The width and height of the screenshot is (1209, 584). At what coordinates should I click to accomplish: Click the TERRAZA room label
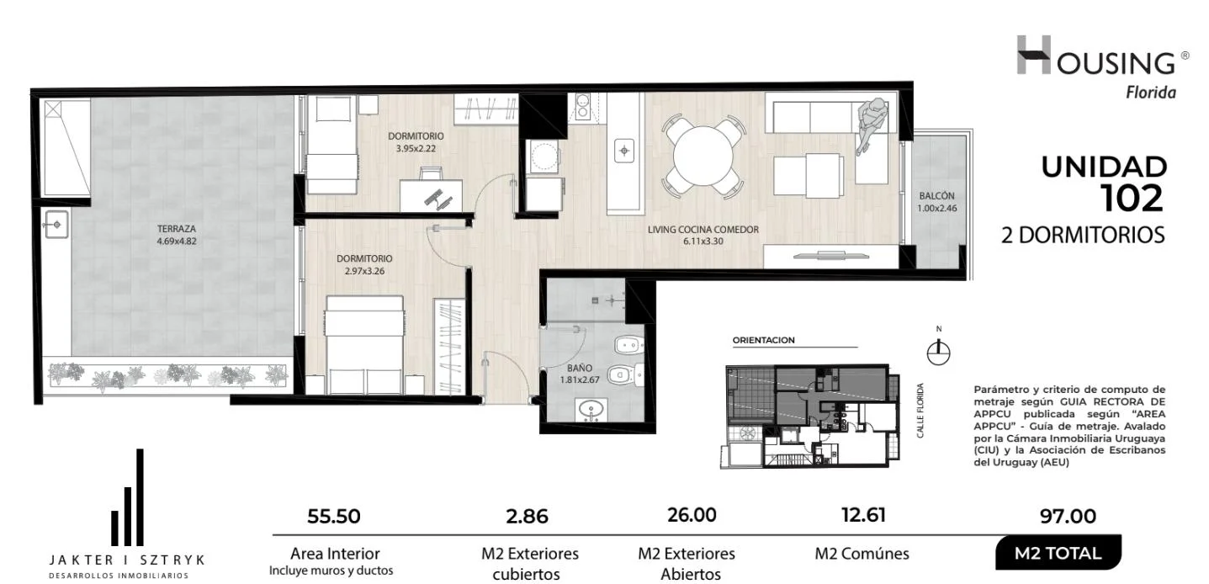click(x=177, y=229)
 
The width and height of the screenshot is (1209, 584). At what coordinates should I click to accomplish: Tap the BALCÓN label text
click(x=937, y=196)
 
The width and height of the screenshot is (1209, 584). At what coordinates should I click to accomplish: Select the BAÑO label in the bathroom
click(x=580, y=368)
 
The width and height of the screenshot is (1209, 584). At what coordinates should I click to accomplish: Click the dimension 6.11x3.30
click(x=703, y=242)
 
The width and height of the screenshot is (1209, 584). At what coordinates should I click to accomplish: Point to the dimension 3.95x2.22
click(x=416, y=148)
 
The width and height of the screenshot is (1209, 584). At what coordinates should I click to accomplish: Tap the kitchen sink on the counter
click(x=624, y=150)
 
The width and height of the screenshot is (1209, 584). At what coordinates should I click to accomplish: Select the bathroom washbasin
click(x=592, y=410)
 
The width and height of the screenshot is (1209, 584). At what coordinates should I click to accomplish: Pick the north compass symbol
click(x=939, y=352)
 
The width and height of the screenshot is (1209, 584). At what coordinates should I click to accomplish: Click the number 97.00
click(x=1068, y=517)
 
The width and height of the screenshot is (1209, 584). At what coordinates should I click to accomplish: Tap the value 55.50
click(x=333, y=517)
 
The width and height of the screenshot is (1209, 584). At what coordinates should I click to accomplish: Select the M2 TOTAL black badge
click(x=1058, y=553)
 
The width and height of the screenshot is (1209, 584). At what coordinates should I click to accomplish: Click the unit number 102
click(x=1132, y=199)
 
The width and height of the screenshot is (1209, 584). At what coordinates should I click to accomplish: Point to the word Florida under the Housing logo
click(x=1151, y=93)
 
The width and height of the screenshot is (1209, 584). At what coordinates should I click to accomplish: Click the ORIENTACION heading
click(x=764, y=340)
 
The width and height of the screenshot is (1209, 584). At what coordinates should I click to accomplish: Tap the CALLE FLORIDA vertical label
click(x=920, y=410)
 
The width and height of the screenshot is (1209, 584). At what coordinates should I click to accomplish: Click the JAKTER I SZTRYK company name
click(x=127, y=560)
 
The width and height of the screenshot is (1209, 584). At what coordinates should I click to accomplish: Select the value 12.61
click(x=863, y=515)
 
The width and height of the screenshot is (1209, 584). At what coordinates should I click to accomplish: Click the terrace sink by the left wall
click(x=56, y=224)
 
